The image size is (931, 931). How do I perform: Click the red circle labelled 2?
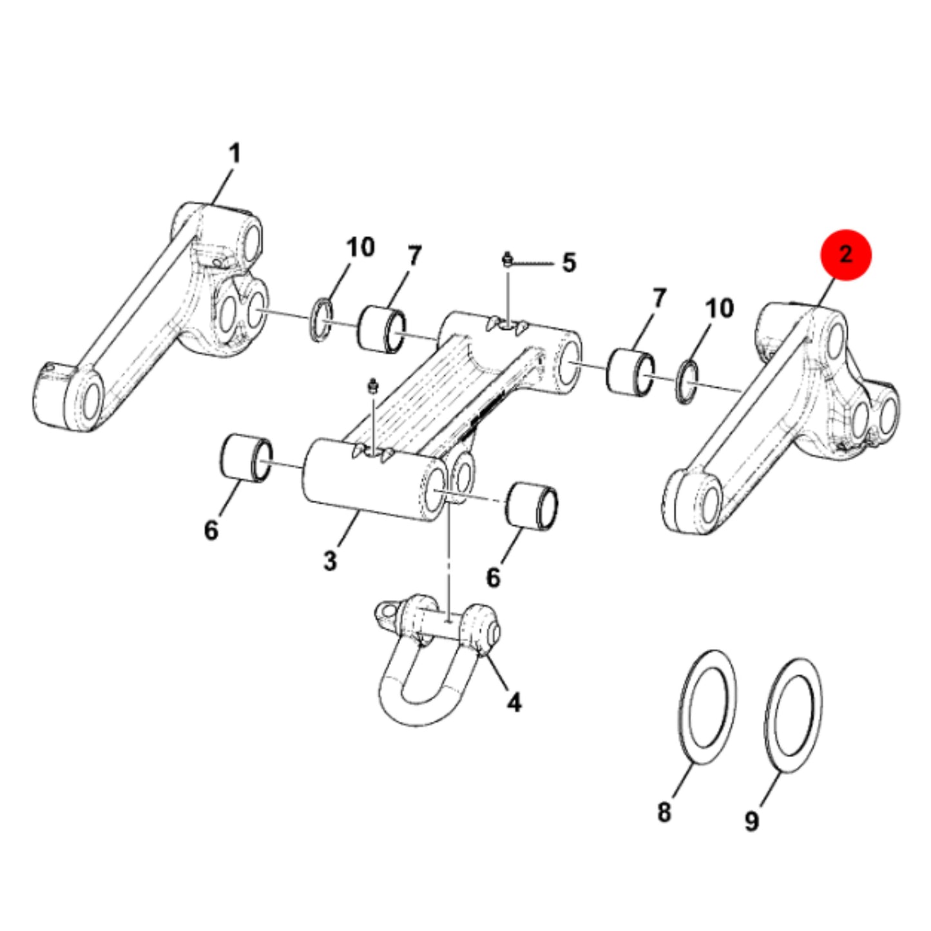pos(845,254)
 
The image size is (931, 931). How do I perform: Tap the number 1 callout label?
pos(234,155)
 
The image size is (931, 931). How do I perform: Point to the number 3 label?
pos(330,561)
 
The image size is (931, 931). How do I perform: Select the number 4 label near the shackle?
pos(514,702)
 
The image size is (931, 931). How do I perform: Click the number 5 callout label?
pos(569,263)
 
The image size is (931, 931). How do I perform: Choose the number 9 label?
pos(752,821)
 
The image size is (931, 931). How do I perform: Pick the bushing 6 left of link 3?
pos(246,458)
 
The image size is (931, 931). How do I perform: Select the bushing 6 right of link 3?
pos(532,506)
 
